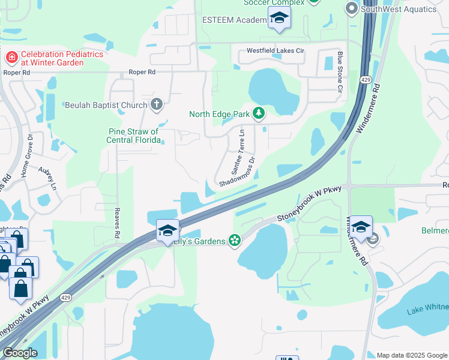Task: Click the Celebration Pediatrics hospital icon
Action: [x=11, y=58]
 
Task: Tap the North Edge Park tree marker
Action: [x=259, y=113]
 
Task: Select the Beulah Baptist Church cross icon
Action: [x=156, y=105]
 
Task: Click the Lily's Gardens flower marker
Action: [x=235, y=241]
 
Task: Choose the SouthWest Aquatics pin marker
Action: [x=352, y=8]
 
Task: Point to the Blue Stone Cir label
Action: [x=339, y=72]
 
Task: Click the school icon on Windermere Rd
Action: [x=361, y=227]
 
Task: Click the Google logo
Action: [x=20, y=353]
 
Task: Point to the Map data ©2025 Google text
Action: [x=412, y=355]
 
